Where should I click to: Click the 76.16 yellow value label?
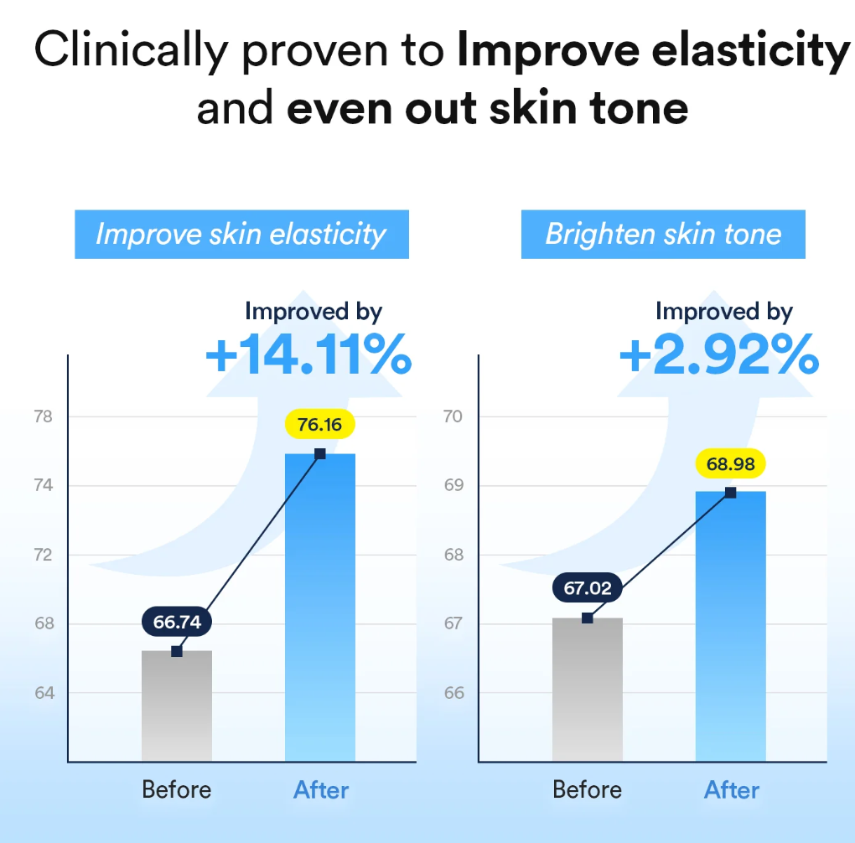tap(319, 425)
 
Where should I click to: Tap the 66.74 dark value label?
tap(177, 623)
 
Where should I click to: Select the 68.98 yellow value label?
tap(730, 463)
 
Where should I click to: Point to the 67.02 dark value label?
tap(588, 588)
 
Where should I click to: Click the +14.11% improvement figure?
tap(308, 355)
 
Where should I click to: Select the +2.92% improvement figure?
tap(718, 355)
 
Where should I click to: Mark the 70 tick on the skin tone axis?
tap(453, 416)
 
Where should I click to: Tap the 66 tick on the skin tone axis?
tap(453, 693)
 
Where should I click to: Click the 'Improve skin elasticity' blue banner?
tap(241, 234)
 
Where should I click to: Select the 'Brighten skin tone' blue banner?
tap(663, 234)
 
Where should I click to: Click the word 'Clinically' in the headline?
tap(131, 52)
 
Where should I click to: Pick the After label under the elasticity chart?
tap(321, 790)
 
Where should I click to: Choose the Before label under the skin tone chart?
tap(588, 790)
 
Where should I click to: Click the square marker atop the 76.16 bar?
tap(320, 453)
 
